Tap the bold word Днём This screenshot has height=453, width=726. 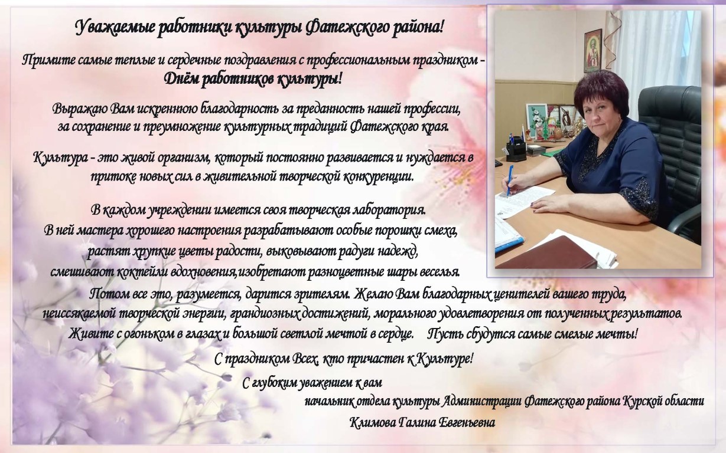(x=181, y=79)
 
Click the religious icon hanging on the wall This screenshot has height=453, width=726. (x=593, y=51)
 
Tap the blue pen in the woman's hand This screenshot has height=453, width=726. (x=509, y=180)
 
